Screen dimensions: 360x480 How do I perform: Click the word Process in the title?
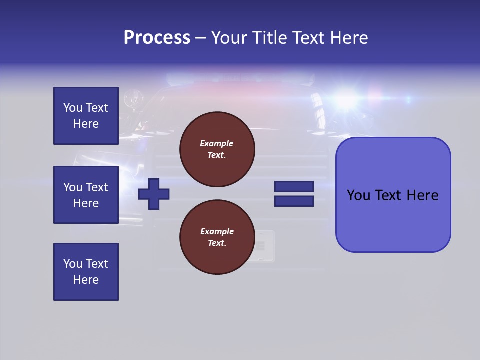tap(157, 38)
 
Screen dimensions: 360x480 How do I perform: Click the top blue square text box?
tap(86, 116)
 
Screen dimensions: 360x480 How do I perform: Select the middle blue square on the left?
tap(86, 195)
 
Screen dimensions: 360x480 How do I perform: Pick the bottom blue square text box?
tap(86, 272)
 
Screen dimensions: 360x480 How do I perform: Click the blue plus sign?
tap(154, 194)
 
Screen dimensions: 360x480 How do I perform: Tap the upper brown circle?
tap(217, 149)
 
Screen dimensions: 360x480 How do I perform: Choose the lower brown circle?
tap(217, 237)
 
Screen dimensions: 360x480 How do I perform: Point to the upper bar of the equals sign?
tap(294, 187)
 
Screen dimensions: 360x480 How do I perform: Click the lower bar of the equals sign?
tap(294, 201)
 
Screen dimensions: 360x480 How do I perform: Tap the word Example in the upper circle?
tap(217, 143)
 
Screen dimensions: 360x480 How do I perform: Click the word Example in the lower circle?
tap(217, 231)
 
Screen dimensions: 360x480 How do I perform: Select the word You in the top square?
tap(72, 108)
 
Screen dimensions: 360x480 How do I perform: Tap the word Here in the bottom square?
tap(86, 280)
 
